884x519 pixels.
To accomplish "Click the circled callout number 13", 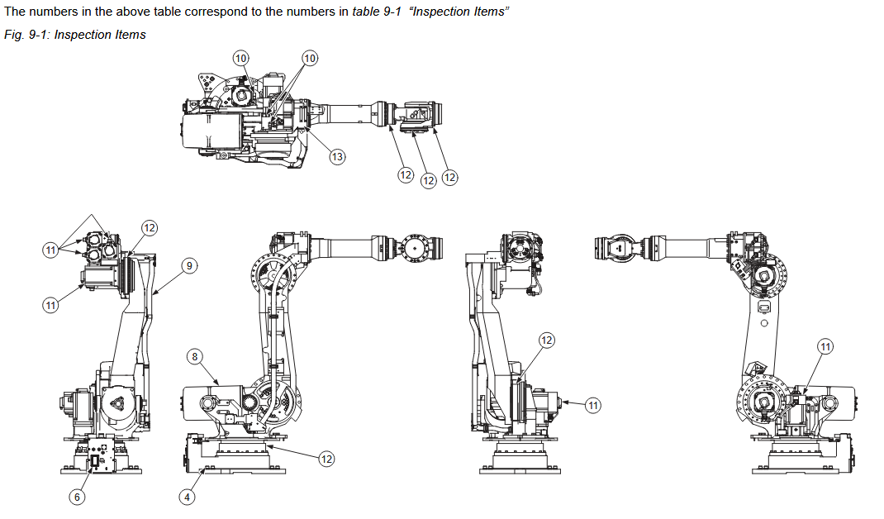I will (337, 156).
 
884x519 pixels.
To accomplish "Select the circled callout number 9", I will (189, 265).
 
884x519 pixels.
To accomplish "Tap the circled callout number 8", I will (195, 356).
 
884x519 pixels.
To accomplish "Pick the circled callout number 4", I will (188, 497).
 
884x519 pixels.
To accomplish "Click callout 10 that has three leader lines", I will (310, 58).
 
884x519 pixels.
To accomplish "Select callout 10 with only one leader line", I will (240, 58).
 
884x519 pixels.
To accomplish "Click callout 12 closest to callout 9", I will (149, 227).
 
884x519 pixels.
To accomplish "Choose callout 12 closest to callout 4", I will (326, 459).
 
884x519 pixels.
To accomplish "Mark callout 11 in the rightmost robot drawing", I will (825, 346).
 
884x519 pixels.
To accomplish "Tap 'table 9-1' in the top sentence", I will (377, 13).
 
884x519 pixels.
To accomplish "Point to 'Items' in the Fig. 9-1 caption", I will (130, 35).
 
